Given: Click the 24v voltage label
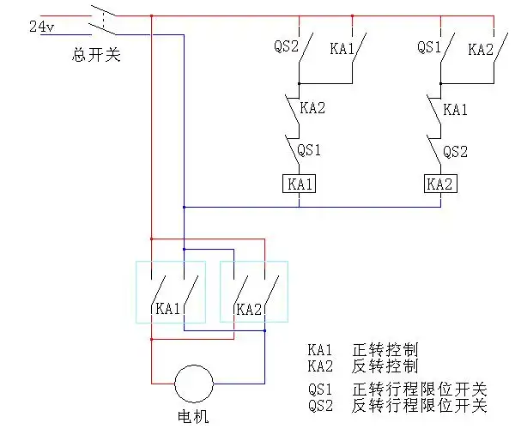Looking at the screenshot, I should click(41, 27).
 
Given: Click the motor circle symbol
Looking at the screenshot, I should click(193, 383).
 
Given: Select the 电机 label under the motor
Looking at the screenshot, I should click(193, 418).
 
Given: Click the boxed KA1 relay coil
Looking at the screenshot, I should click(299, 184).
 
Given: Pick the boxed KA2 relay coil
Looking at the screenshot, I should click(439, 184).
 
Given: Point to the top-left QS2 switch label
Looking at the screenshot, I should click(285, 46).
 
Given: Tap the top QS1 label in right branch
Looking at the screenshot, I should click(429, 46).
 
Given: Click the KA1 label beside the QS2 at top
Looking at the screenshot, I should click(342, 49).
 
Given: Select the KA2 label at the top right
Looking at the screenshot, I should click(481, 49).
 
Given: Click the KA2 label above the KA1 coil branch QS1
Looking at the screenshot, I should click(312, 109).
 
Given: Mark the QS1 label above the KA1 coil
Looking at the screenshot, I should click(309, 150).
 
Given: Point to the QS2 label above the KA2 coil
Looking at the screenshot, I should click(456, 152).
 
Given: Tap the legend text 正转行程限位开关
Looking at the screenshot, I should click(420, 389).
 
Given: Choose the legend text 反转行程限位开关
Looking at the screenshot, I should click(420, 404).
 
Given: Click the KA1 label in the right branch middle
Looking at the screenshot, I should click(456, 109).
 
